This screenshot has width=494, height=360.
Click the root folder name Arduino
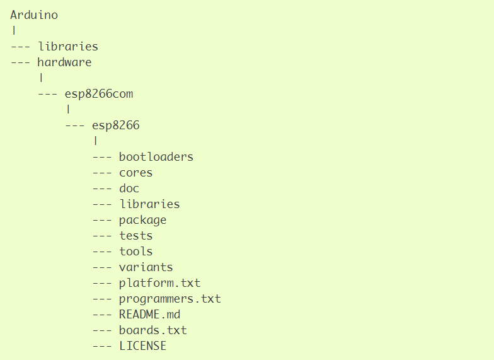point(34,15)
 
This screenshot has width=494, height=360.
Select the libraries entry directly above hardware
point(68,47)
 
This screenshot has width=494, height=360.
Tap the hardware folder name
point(64,62)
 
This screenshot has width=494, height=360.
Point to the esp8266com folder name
point(98,94)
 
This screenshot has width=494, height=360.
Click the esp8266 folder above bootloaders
point(116,125)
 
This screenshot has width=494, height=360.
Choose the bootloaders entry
point(156,157)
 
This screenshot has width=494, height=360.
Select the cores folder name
point(136,173)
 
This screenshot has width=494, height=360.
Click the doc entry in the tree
point(129,189)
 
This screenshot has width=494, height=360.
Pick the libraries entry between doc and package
point(149,204)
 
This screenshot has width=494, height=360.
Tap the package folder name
point(143,220)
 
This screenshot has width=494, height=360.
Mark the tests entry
point(136,236)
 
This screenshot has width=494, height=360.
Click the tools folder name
point(136,252)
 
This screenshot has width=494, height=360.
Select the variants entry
point(146,267)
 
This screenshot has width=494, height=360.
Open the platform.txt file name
point(160,283)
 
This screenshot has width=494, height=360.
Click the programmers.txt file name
point(170,299)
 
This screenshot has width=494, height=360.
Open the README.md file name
point(150,315)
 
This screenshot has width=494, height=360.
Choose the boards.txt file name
point(153,330)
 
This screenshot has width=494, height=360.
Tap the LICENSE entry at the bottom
point(143,346)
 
